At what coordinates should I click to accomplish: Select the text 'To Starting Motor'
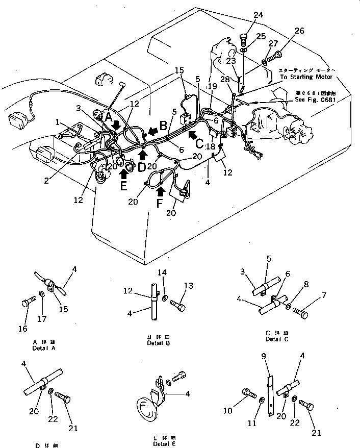click(x=306, y=77)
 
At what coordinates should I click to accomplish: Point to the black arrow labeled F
click(x=161, y=191)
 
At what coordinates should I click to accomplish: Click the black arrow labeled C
click(x=192, y=135)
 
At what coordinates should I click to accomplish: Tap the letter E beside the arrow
click(x=123, y=187)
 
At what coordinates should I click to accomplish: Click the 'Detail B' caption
click(x=158, y=343)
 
